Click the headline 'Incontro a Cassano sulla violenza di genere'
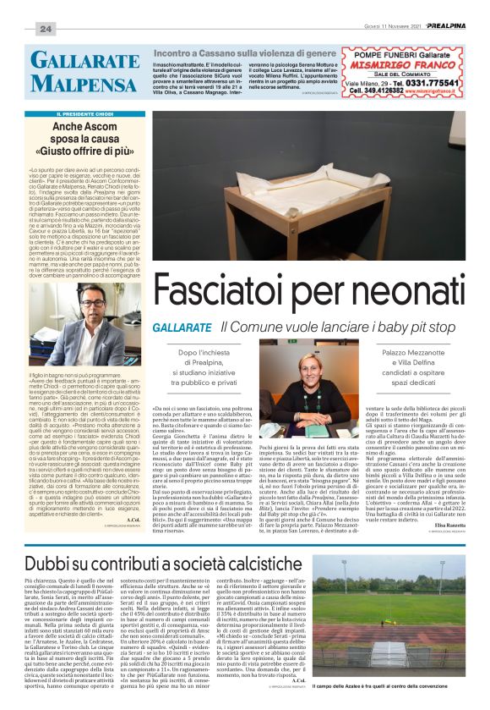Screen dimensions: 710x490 click(x=247, y=52)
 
